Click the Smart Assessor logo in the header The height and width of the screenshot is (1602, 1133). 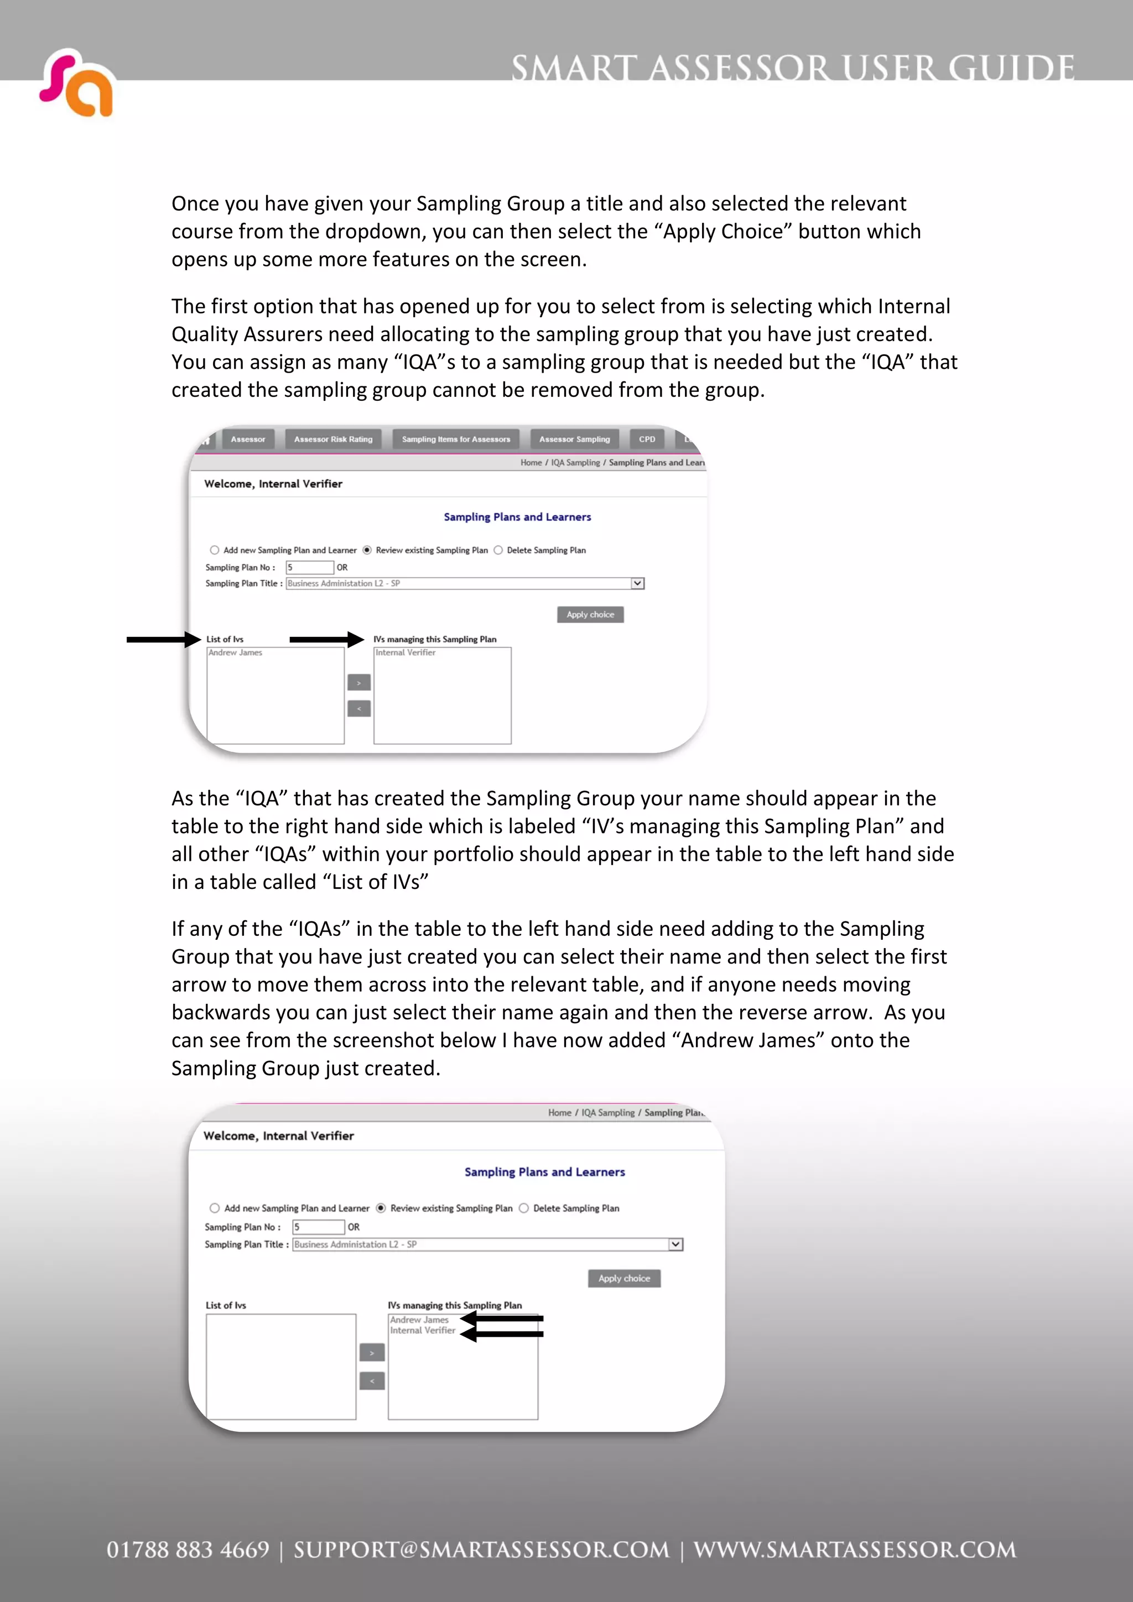77,83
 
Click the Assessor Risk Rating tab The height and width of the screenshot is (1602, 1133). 333,439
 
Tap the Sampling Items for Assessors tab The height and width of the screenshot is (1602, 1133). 456,439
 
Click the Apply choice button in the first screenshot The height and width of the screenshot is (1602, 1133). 590,615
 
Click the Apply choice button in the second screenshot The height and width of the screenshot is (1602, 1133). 624,1278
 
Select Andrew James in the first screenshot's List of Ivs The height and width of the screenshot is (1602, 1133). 235,653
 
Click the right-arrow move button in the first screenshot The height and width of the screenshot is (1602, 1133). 359,682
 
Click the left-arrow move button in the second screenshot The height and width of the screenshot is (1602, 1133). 372,1381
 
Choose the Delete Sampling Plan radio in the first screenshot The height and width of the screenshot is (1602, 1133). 498,551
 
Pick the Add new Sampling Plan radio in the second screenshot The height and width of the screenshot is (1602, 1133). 214,1208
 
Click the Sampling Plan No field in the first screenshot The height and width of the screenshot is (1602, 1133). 309,567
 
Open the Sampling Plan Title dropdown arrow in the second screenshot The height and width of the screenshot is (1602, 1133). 675,1244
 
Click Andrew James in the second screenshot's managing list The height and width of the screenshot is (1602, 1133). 419,1320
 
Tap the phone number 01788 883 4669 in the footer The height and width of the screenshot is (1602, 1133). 188,1549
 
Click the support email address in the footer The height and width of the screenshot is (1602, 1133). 481,1549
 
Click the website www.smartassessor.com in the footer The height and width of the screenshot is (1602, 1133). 855,1549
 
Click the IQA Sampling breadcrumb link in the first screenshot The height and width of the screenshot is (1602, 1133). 575,463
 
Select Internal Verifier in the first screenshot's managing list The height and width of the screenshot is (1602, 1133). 406,653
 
